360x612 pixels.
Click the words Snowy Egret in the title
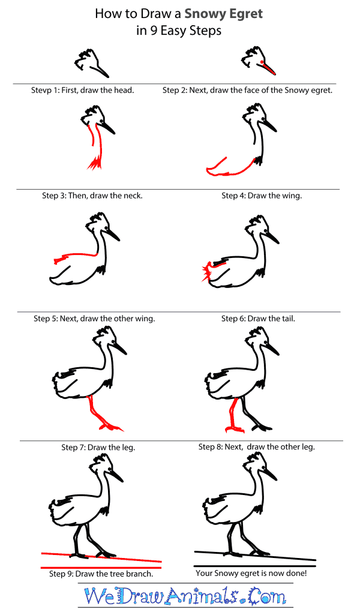click(x=223, y=14)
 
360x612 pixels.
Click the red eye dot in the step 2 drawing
click(x=261, y=62)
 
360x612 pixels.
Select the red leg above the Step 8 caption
click(x=233, y=416)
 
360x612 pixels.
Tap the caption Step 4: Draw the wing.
click(x=262, y=196)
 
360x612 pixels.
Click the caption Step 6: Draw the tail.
click(x=258, y=319)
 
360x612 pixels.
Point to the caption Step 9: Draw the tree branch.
click(x=101, y=574)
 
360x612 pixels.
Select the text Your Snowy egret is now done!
click(x=251, y=573)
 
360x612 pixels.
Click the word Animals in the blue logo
click(x=202, y=596)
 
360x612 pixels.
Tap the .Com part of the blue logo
click(x=263, y=596)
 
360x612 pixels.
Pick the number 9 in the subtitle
click(x=154, y=31)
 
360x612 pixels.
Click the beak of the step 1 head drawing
click(x=100, y=71)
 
